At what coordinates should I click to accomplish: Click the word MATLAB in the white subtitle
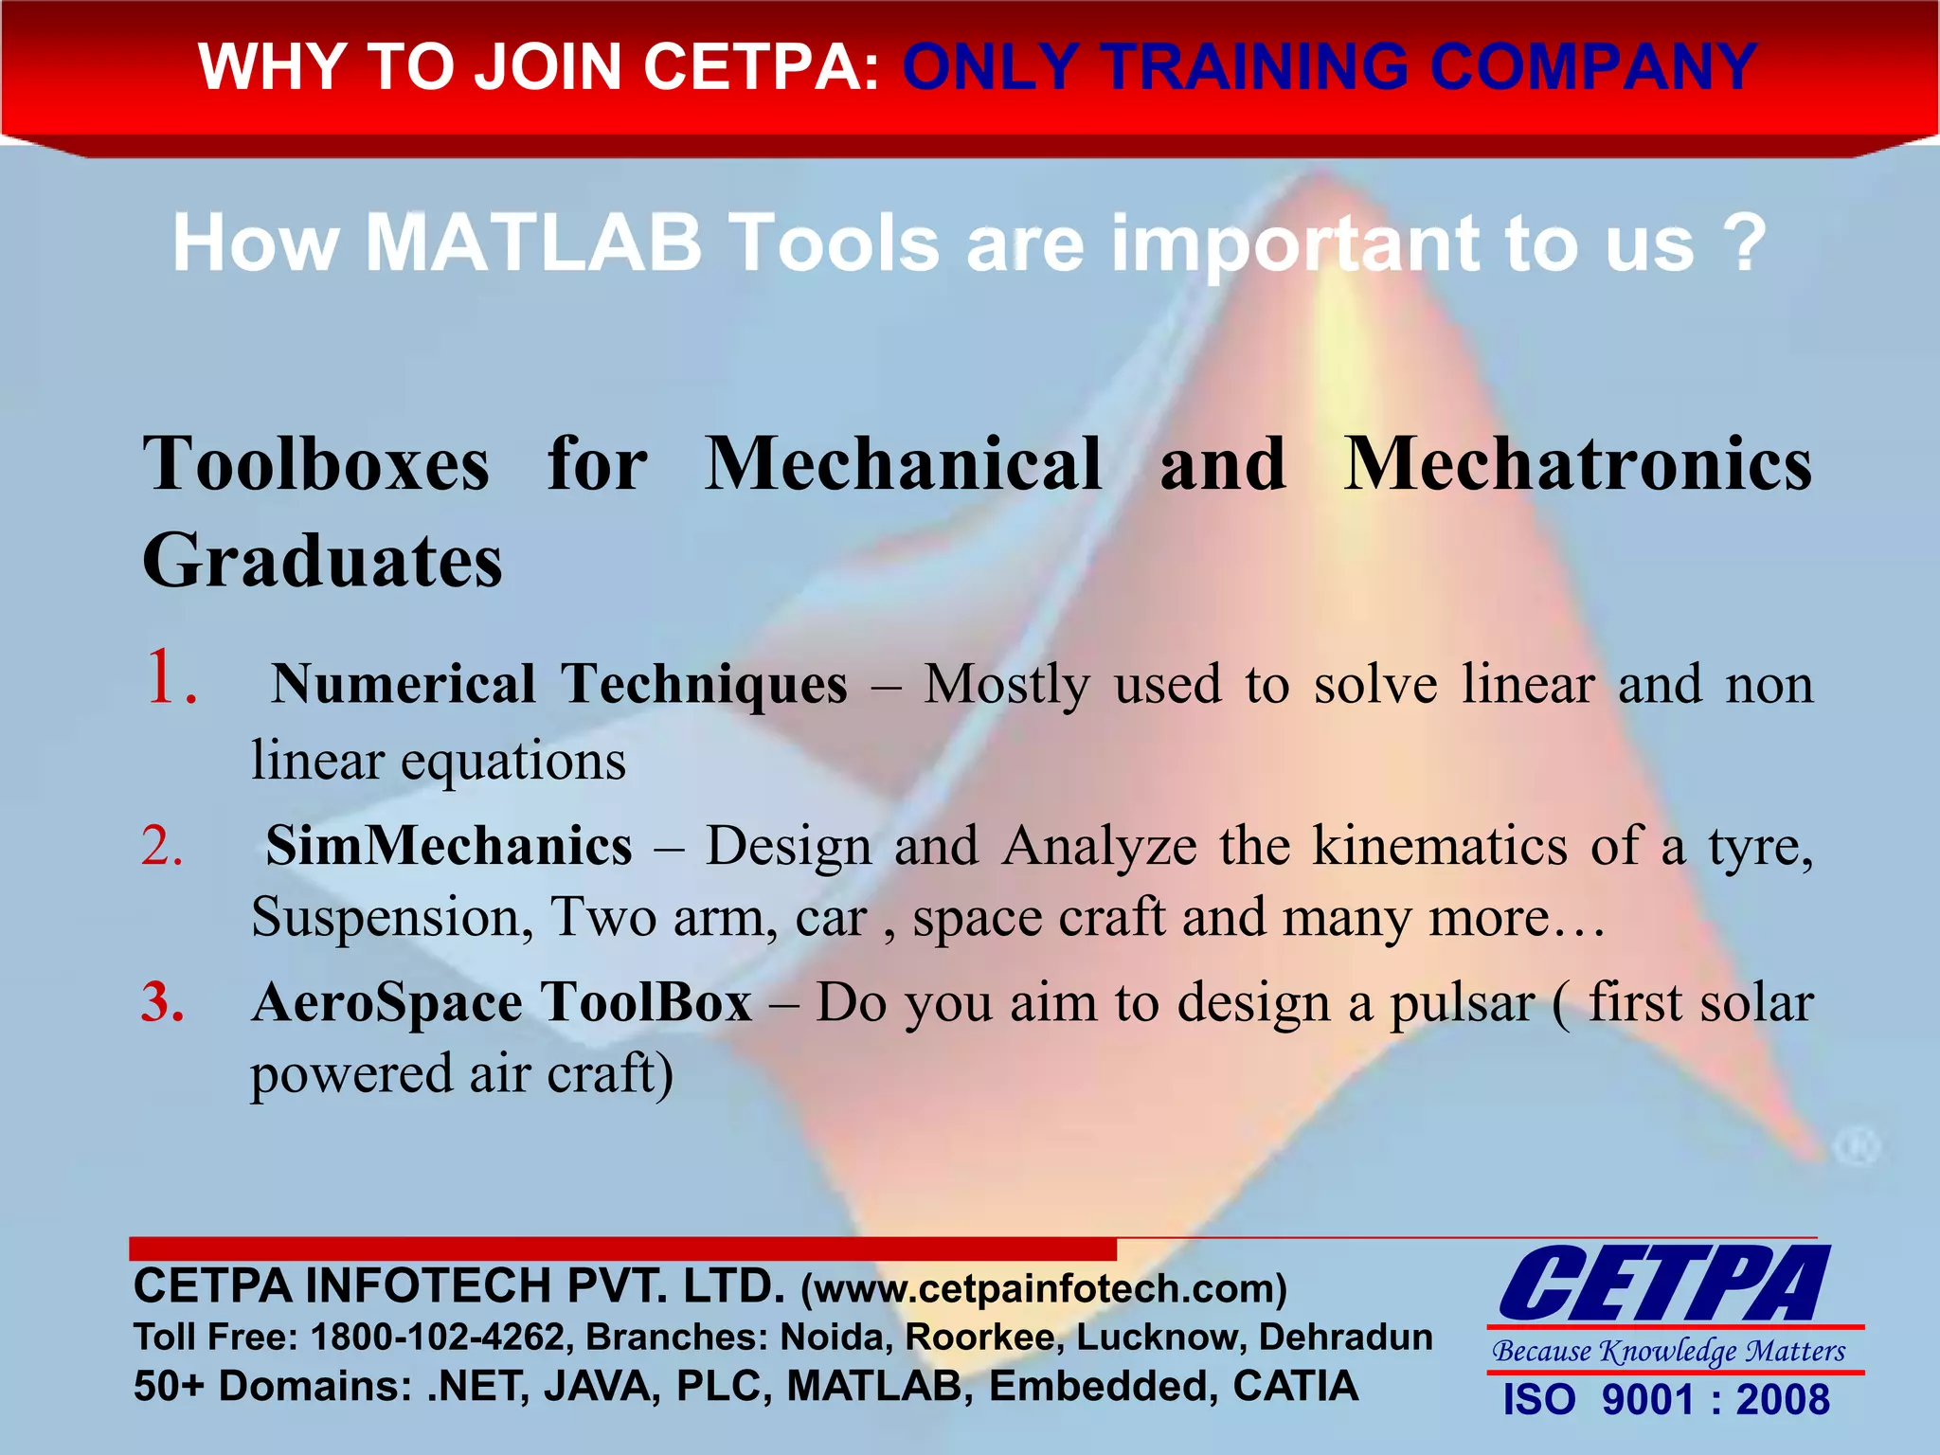[533, 243]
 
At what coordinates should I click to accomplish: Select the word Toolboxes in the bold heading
[316, 464]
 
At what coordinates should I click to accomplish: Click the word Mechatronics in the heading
[1578, 464]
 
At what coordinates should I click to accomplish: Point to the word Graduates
[322, 561]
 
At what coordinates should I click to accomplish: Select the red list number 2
[162, 845]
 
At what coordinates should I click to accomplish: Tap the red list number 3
[163, 1002]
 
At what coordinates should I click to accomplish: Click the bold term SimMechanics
[449, 845]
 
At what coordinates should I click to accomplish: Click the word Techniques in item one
[705, 684]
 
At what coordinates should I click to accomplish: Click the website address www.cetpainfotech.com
[1044, 1289]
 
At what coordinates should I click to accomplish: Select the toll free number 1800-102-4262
[439, 1337]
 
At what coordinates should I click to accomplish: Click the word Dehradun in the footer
[1345, 1337]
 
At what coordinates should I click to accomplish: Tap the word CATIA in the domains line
[1295, 1386]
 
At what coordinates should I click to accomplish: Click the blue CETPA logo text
[1664, 1284]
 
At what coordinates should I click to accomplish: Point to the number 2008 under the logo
[1782, 1400]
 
